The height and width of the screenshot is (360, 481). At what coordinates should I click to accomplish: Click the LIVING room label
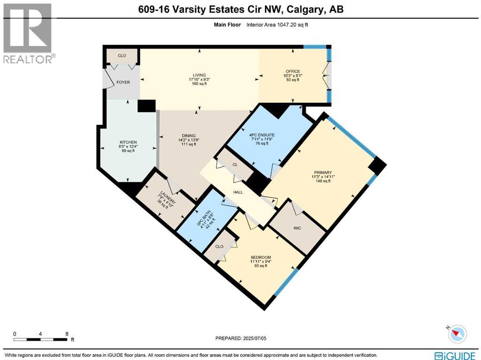(x=200, y=74)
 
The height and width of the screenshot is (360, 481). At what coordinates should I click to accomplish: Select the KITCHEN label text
(x=128, y=142)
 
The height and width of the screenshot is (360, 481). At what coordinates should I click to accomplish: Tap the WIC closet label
(x=297, y=228)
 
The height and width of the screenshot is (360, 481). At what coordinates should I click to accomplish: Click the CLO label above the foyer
(x=122, y=55)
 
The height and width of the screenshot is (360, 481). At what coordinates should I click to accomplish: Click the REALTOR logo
(x=28, y=33)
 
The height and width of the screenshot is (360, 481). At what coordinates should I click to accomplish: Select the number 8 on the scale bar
(x=67, y=334)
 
